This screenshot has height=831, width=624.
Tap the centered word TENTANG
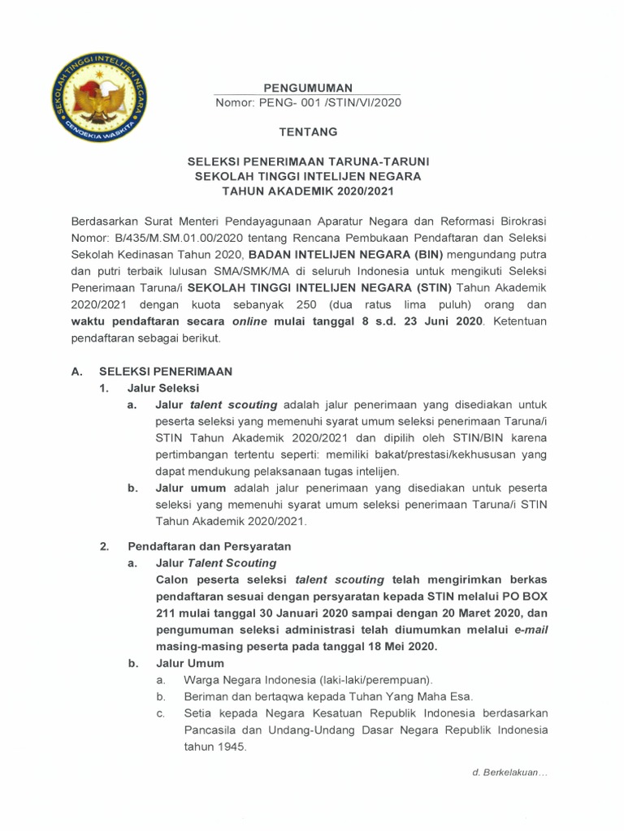click(308, 132)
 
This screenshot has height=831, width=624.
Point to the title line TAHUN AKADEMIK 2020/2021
click(308, 192)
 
